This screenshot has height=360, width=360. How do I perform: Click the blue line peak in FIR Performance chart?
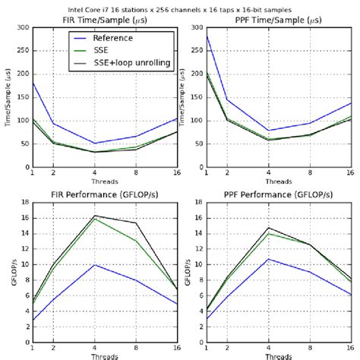[93, 265]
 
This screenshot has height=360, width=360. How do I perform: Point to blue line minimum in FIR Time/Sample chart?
[93, 143]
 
